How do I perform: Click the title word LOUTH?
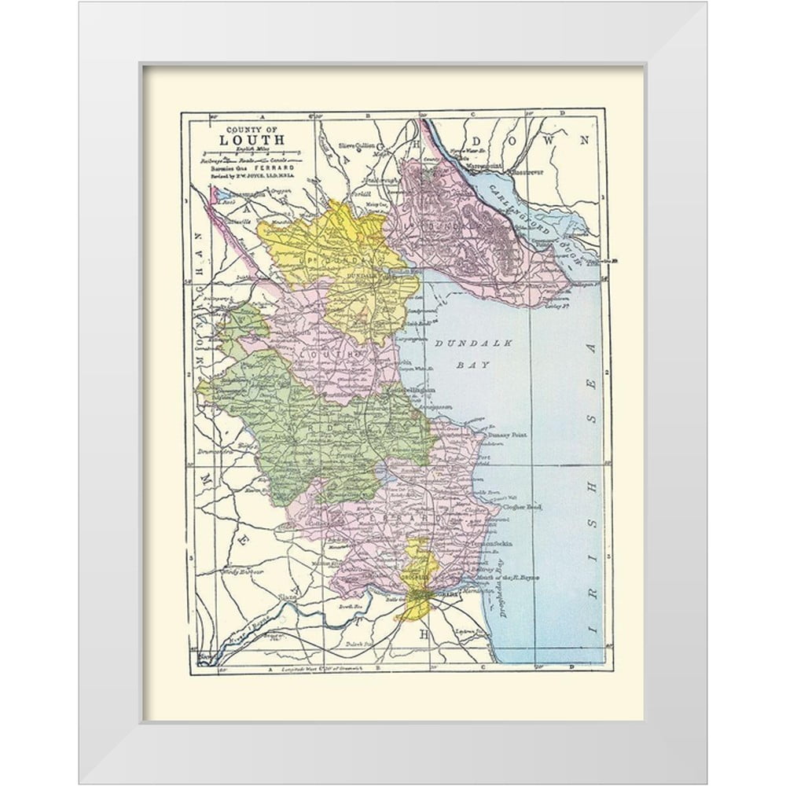tap(241, 142)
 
